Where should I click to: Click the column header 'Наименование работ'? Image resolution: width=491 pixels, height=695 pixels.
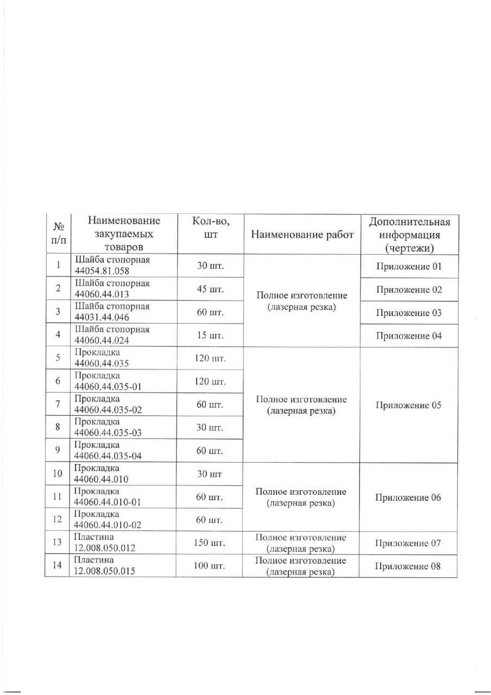[x=302, y=235]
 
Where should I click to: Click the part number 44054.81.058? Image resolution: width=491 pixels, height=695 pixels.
[x=104, y=271]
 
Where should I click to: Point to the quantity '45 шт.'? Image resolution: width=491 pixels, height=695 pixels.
[x=210, y=289]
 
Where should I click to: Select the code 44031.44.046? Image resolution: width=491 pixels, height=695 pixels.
[x=104, y=317]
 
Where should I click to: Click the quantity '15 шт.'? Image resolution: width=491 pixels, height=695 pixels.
[x=210, y=336]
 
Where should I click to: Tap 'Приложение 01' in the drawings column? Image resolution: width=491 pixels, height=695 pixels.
[x=408, y=267]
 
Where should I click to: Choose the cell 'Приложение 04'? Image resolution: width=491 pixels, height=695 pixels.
[x=408, y=336]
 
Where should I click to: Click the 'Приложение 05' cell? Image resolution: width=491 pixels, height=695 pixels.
[x=408, y=405]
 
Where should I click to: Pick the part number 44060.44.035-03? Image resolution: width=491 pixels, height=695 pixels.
[x=108, y=432]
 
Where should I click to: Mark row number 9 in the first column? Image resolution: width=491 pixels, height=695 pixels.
[x=57, y=451]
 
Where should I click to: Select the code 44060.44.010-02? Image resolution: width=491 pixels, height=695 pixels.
[x=108, y=525]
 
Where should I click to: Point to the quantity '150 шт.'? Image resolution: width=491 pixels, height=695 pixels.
[x=210, y=543]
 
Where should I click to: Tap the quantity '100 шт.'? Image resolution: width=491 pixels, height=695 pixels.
[x=210, y=566]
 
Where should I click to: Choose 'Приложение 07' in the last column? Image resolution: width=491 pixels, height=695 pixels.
[x=408, y=543]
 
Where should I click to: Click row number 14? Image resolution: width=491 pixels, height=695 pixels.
[x=57, y=566]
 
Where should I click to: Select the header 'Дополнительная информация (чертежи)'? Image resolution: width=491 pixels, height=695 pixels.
[x=409, y=235]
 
